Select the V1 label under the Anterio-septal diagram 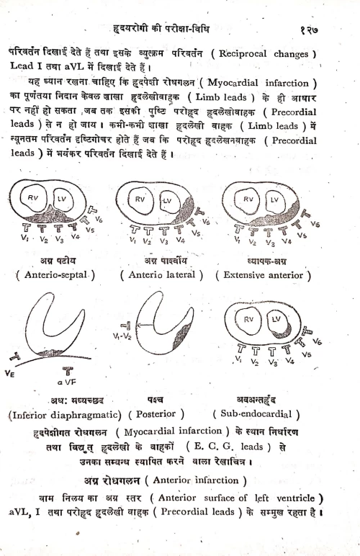(x=25, y=238)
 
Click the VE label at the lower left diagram (x=12, y=374)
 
